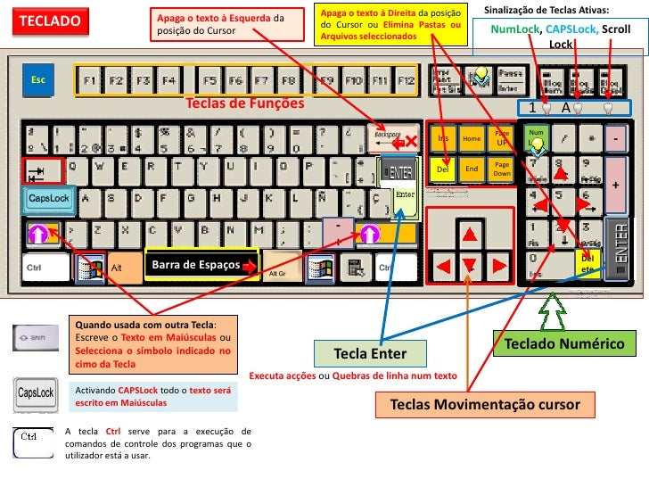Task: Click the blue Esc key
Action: point(38,80)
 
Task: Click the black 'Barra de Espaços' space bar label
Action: point(201,265)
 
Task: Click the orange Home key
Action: point(472,139)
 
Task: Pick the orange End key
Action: point(472,169)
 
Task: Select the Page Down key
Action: point(501,169)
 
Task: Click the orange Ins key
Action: point(442,139)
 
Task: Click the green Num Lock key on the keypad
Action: point(536,138)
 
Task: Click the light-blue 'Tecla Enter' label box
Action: point(370,353)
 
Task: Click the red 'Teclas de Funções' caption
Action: point(244,103)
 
